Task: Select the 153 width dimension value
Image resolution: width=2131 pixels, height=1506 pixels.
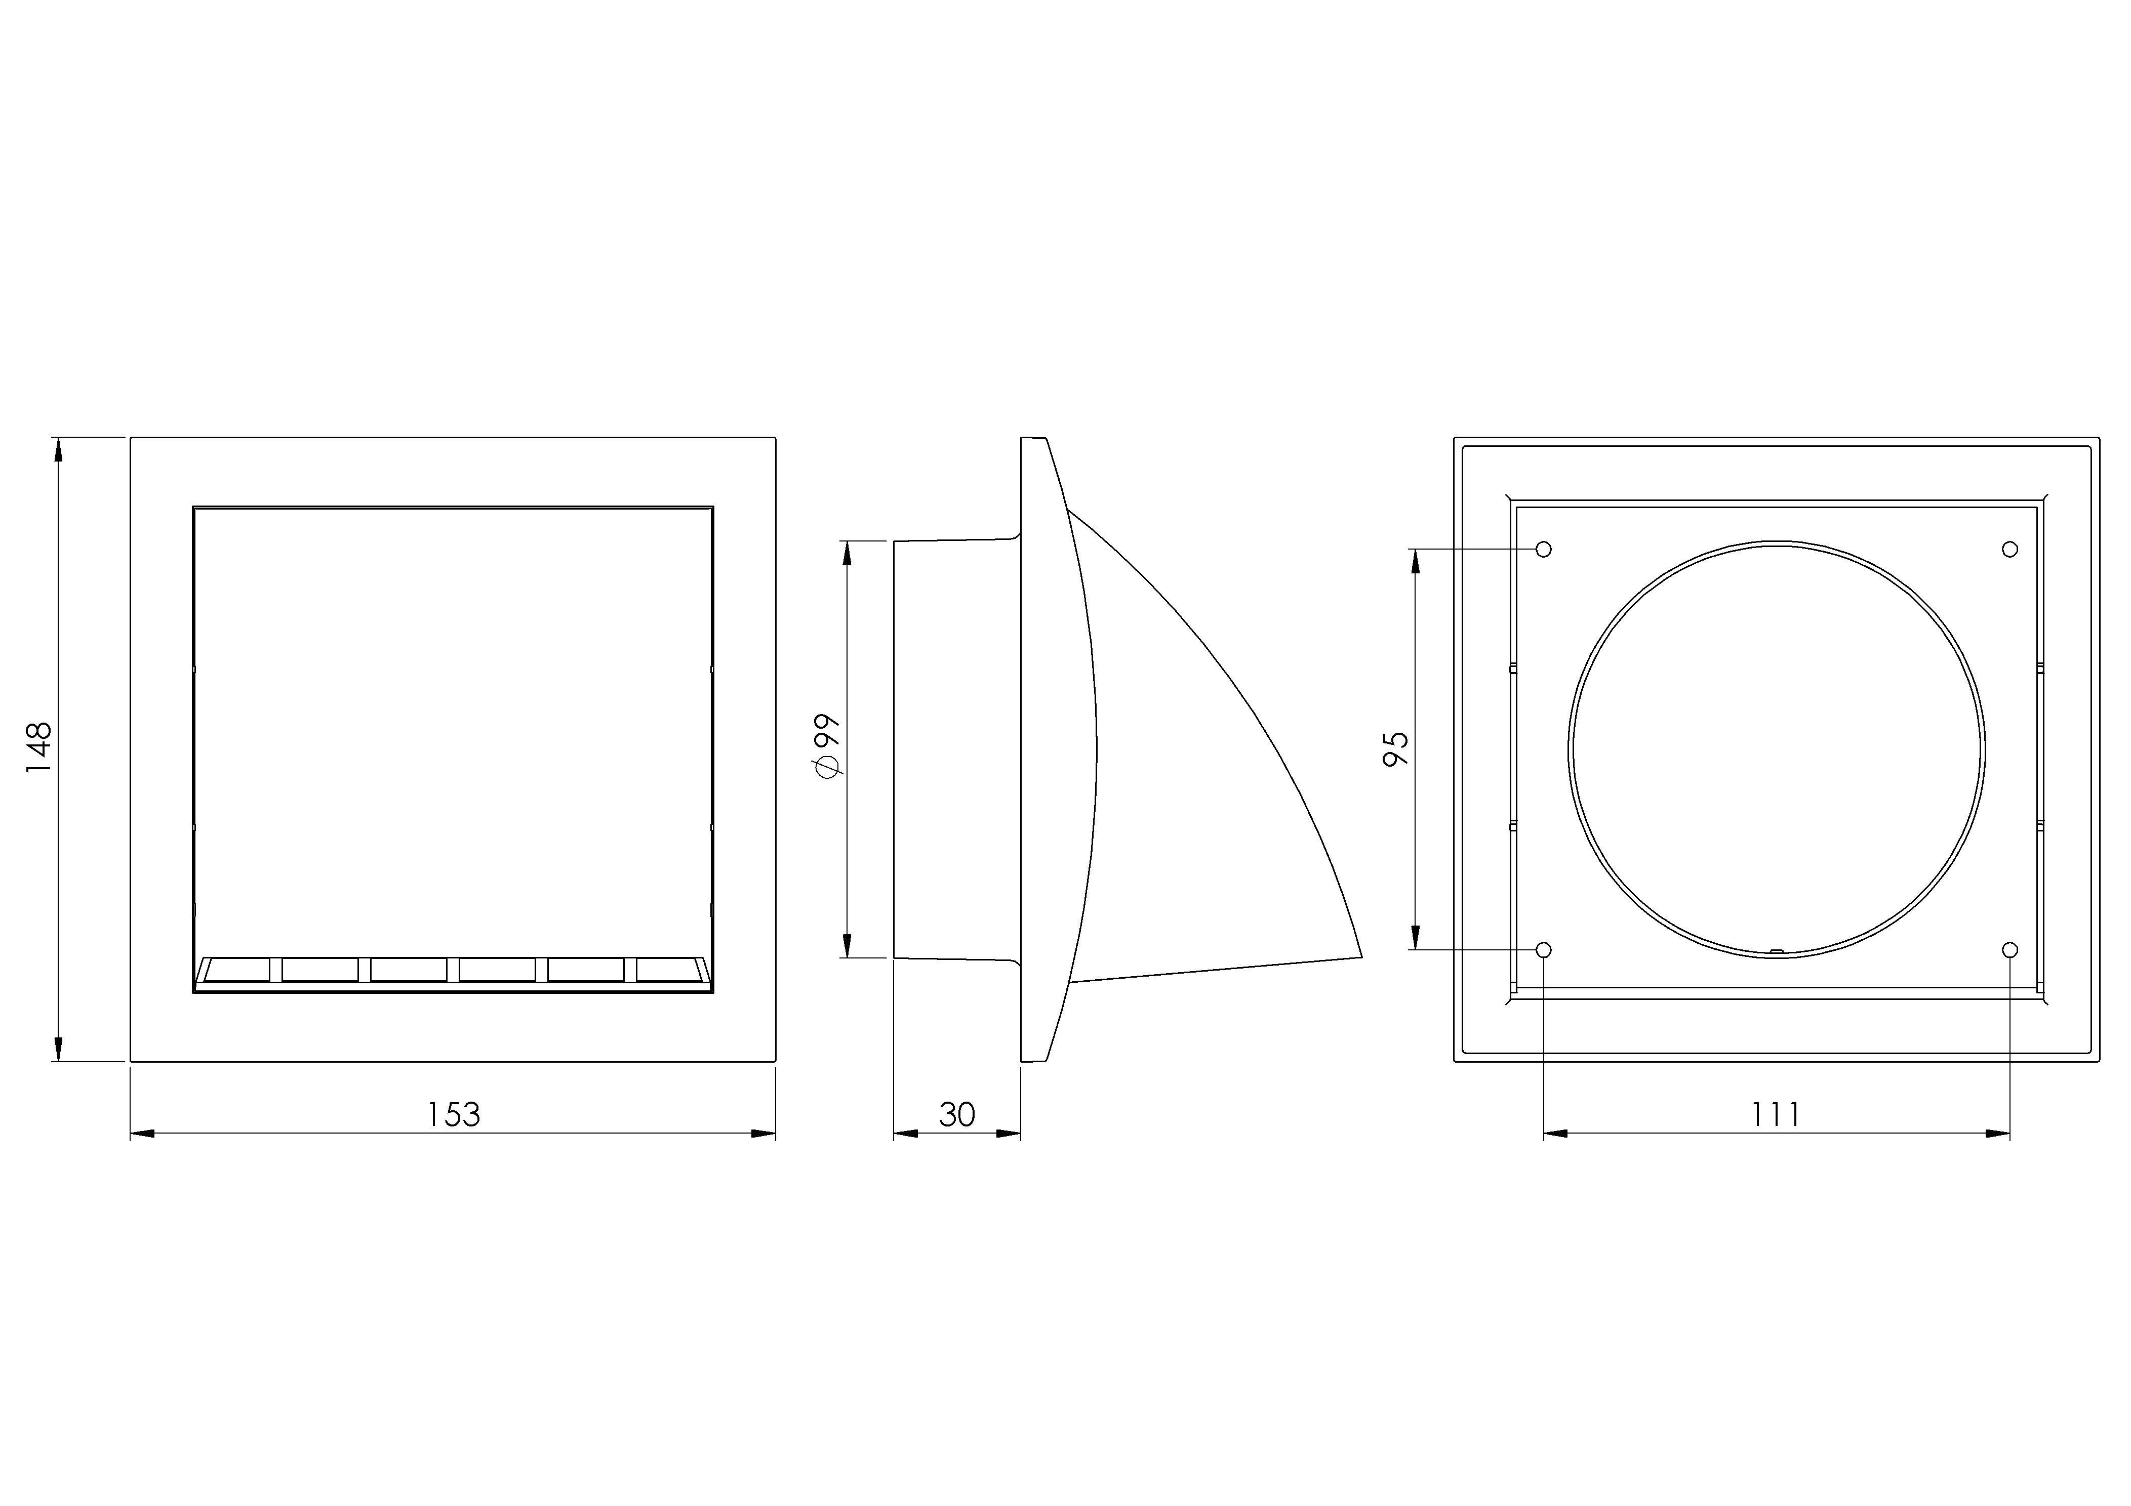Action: click(453, 1114)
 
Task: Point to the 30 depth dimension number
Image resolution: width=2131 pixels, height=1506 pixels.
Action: click(957, 1114)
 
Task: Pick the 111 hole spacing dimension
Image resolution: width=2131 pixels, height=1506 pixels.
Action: click(1776, 1114)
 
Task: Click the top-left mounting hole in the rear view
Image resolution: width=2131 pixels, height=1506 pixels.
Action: click(1544, 550)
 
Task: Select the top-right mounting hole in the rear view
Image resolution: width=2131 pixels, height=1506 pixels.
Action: click(2011, 550)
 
